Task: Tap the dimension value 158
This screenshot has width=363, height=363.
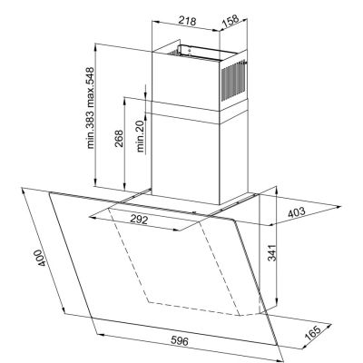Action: click(230, 18)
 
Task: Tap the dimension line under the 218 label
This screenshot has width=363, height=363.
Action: click(189, 28)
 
